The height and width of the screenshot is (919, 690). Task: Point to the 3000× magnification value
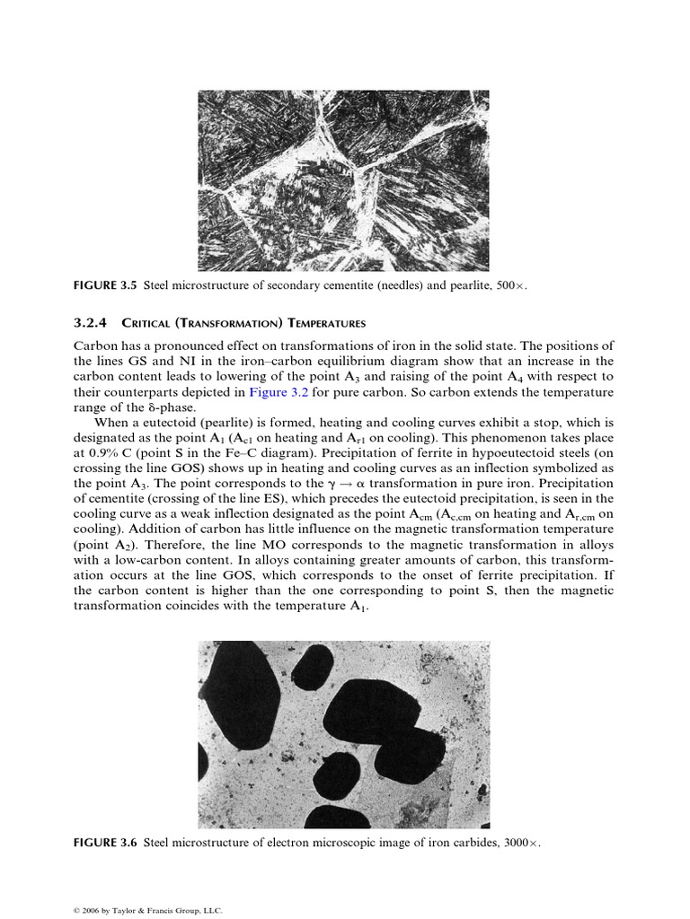pyautogui.click(x=523, y=843)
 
